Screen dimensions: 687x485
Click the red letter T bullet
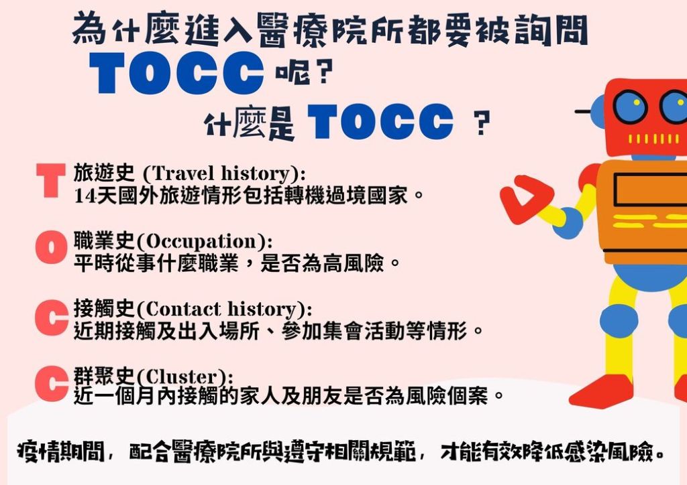51,180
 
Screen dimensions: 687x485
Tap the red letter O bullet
52,248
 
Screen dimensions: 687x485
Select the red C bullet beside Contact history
52,318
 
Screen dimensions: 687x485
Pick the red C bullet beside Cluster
52,384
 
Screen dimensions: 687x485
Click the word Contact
183,309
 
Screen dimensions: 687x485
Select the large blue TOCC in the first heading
176,72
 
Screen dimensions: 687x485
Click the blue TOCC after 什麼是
380,121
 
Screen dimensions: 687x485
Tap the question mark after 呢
324,72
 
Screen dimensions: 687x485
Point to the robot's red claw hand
525,199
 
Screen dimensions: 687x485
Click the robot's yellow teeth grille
653,139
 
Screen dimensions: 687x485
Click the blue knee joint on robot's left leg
619,321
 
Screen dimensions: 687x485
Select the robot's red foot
601,391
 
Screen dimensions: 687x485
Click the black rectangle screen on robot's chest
650,190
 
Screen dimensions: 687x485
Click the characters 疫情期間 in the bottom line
61,452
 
